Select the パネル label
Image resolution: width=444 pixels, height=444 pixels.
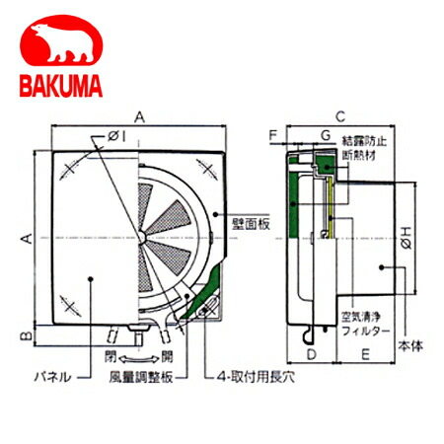tap(54, 376)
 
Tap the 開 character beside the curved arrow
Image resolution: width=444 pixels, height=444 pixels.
tap(167, 353)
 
